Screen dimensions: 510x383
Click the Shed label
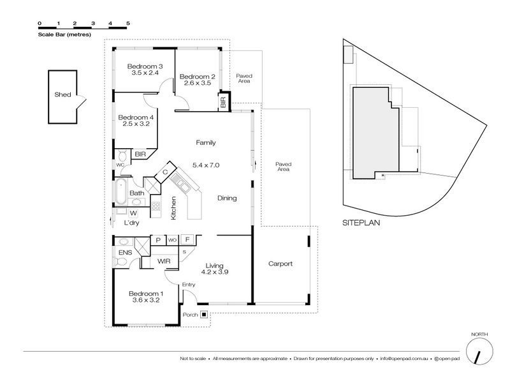(x=62, y=94)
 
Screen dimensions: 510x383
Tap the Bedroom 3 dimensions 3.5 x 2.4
(x=145, y=73)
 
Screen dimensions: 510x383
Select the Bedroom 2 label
(x=198, y=77)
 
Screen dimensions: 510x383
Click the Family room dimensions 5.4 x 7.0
(x=206, y=165)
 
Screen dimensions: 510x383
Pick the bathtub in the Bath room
(x=120, y=191)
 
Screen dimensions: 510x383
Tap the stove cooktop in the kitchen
(x=156, y=206)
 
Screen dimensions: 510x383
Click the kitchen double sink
(x=180, y=183)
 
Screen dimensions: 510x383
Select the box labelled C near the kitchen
(x=165, y=172)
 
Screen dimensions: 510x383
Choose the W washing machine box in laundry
(x=133, y=213)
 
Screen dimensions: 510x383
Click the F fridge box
(x=187, y=240)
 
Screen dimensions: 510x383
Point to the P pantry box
(x=158, y=240)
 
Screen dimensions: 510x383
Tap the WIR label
(x=164, y=261)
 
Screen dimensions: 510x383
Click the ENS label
(x=125, y=253)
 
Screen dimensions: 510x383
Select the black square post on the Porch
(x=204, y=315)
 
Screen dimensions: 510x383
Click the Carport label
(x=280, y=264)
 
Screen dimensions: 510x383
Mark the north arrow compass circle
(x=479, y=352)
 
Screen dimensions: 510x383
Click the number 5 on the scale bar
(x=128, y=23)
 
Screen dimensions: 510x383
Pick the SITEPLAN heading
(x=361, y=223)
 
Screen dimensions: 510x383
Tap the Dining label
(x=227, y=198)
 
